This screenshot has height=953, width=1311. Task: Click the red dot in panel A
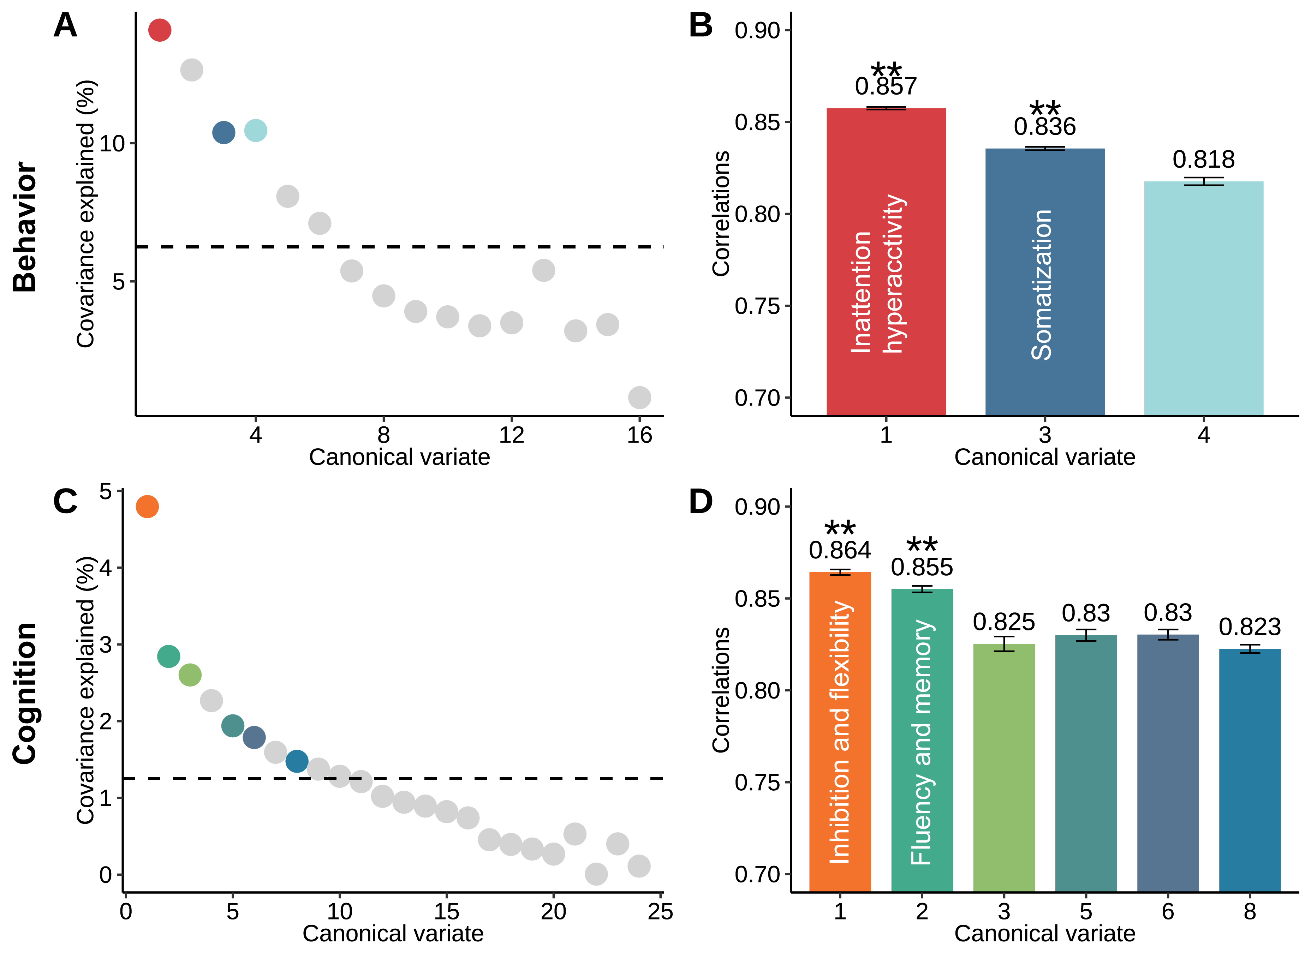point(160,30)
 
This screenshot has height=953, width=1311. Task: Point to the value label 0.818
point(1203,160)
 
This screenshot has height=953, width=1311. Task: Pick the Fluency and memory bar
point(922,740)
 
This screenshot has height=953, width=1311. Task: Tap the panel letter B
point(701,26)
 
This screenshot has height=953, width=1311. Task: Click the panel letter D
point(701,502)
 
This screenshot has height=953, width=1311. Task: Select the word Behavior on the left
point(25,227)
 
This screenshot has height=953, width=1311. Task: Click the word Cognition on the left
point(25,694)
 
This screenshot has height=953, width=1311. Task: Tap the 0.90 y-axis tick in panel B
point(757,31)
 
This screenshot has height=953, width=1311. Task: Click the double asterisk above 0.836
point(1044,108)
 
